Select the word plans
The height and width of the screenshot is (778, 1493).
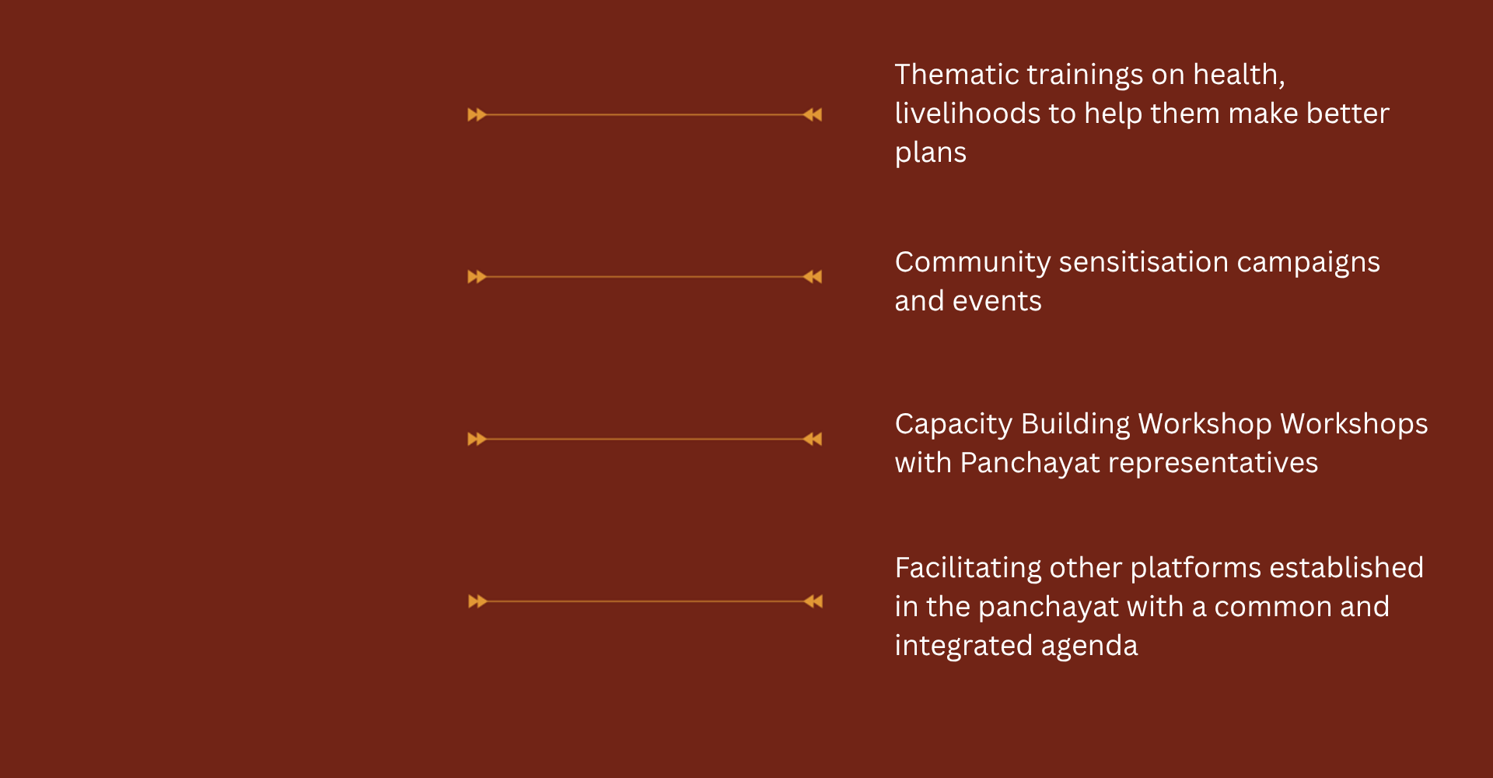tap(931, 154)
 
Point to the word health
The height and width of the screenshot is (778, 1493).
tap(1239, 75)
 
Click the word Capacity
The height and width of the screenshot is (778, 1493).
tap(953, 425)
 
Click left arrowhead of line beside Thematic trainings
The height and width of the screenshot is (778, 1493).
tap(477, 115)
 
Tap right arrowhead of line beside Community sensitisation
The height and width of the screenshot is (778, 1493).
tap(813, 277)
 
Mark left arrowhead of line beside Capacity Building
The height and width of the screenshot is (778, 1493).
tap(477, 440)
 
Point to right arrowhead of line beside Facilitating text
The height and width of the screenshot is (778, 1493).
tap(813, 601)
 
